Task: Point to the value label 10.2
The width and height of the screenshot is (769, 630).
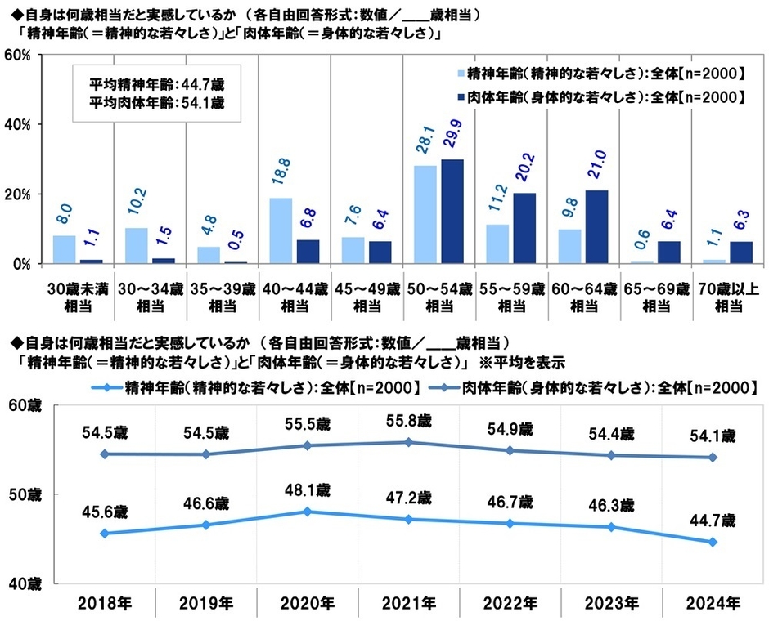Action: coord(134,208)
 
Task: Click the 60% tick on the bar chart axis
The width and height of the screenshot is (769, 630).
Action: coord(17,55)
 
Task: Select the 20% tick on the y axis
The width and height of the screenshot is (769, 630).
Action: coord(17,194)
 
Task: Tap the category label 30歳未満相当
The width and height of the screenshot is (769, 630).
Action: coord(79,297)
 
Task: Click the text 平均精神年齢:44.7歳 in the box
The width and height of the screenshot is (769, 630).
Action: coord(148,84)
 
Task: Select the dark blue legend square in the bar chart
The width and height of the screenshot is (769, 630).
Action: coord(459,96)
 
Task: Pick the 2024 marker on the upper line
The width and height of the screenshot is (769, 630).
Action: coord(713,458)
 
